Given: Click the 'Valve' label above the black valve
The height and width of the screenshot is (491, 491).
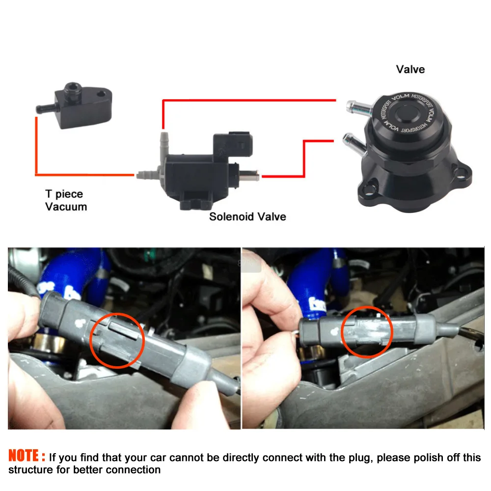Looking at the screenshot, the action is [x=410, y=69].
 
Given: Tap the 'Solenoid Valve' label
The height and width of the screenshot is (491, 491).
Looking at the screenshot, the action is [x=247, y=217].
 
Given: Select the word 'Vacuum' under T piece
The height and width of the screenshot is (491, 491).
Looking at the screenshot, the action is [x=66, y=207].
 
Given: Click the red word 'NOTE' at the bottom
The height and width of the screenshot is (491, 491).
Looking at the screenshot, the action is [x=24, y=456].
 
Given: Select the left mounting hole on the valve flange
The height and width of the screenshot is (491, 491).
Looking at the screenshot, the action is [x=370, y=189].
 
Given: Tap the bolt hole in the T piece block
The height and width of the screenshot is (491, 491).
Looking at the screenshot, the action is [x=101, y=94].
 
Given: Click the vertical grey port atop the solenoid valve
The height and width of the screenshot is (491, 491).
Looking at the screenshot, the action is [x=164, y=143].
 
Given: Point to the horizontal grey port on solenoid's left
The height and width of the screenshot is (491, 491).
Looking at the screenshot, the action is [x=148, y=174].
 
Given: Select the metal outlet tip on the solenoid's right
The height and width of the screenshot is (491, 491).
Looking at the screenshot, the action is [x=249, y=175].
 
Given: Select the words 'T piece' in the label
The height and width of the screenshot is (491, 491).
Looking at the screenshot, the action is [x=64, y=194].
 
